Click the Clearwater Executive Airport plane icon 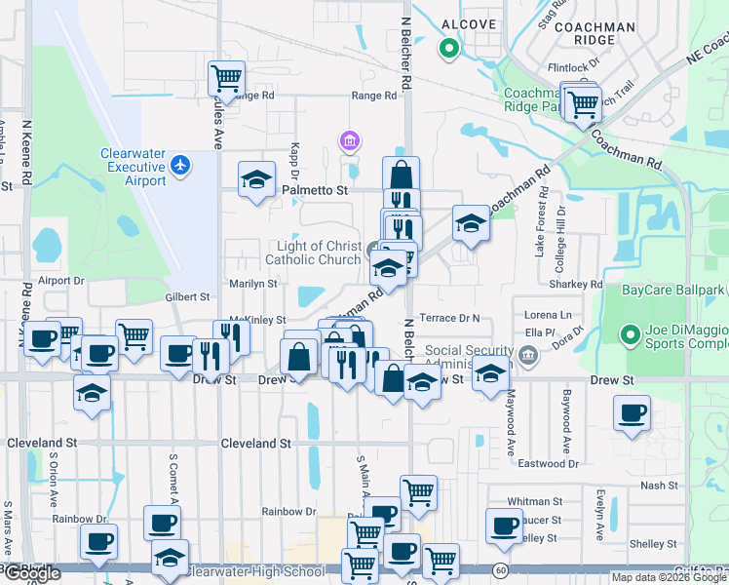click(x=179, y=166)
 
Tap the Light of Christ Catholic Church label click(x=312, y=253)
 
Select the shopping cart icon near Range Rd click(x=226, y=77)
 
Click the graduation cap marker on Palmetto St click(x=256, y=178)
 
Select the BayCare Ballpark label click(x=673, y=290)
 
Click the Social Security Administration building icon click(x=527, y=358)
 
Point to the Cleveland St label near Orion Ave click(x=42, y=443)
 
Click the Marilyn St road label click(x=253, y=284)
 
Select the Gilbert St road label click(x=187, y=296)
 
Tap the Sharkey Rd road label click(x=583, y=285)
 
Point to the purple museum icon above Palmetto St click(x=349, y=142)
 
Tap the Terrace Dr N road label click(x=450, y=318)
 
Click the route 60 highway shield click(x=501, y=568)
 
